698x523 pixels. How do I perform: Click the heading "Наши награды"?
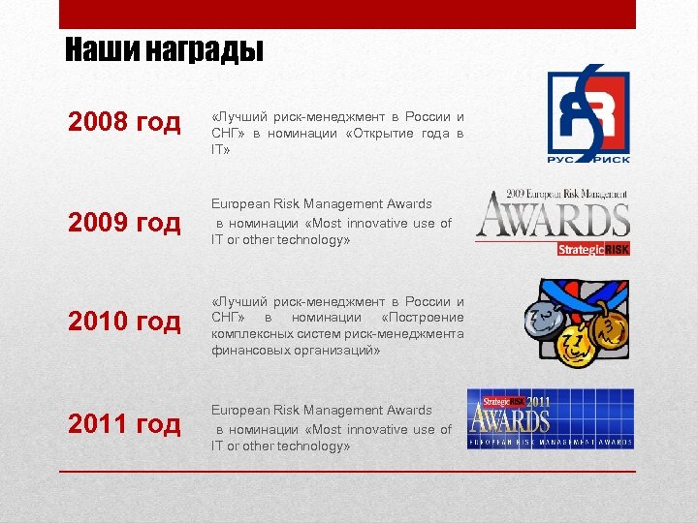[164, 49]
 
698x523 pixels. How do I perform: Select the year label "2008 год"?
[124, 122]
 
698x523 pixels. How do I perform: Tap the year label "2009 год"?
[124, 223]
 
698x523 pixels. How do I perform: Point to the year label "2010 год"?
[124, 321]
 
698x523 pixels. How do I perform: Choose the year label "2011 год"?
[124, 423]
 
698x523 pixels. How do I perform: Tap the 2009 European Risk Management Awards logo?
[554, 214]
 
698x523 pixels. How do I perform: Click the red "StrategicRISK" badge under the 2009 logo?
[593, 249]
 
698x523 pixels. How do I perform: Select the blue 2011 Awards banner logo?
[550, 418]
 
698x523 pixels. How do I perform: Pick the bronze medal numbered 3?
[610, 329]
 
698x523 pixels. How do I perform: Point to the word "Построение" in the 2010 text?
[423, 318]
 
